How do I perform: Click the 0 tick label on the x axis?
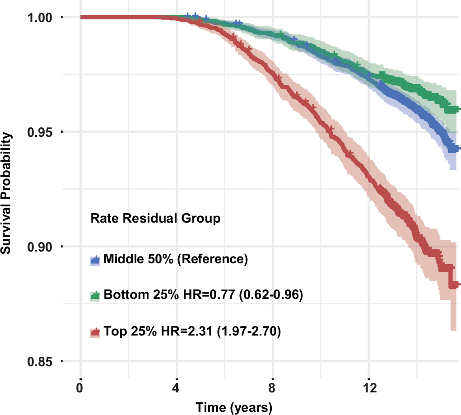pos(80,388)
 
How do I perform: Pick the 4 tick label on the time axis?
pos(177,388)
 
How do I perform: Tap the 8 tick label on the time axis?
pos(272,388)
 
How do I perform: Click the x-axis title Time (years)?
pos(233,407)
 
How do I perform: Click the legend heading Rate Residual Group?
pos(155,219)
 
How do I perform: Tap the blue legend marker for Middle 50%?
pos(95,260)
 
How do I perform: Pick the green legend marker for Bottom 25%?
pos(95,296)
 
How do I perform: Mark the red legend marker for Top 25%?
pos(95,333)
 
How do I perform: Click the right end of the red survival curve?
pos(458,284)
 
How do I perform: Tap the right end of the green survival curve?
pos(458,109)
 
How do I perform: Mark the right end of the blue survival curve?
pos(458,148)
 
